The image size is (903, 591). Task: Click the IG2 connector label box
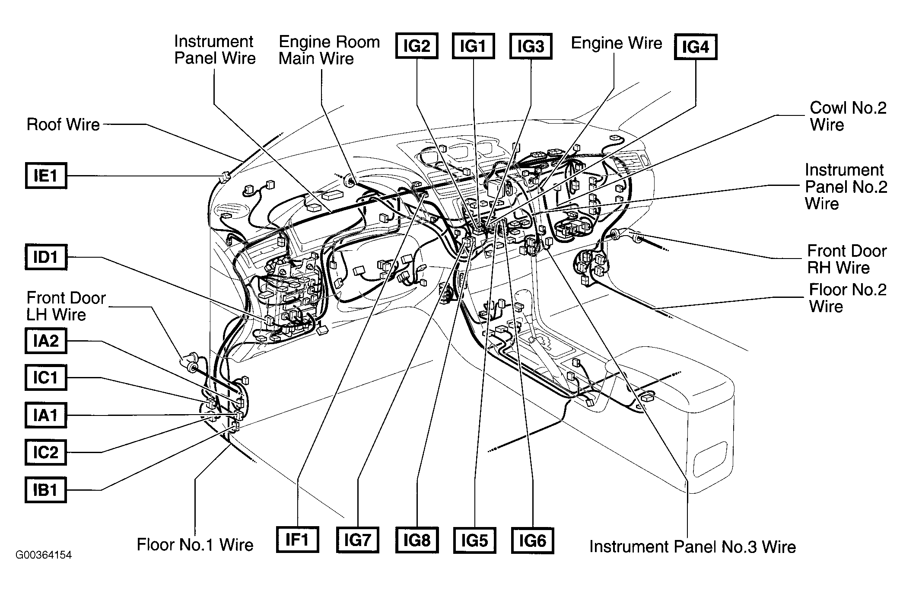417,46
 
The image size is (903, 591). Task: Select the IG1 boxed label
473,46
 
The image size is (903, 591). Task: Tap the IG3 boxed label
531,46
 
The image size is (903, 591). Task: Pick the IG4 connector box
696,47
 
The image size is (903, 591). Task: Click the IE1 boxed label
46,176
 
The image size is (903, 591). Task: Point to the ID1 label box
46,257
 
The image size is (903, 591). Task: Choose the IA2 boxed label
46,341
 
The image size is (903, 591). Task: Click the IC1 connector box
46,378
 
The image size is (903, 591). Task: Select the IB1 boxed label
46,490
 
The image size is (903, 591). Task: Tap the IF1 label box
297,540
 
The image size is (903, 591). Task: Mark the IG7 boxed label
358,540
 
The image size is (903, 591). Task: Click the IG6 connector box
532,540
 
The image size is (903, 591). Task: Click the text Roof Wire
63,125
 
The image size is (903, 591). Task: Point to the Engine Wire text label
617,43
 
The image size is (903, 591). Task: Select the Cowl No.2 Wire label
848,116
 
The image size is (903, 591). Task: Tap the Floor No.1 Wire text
195,545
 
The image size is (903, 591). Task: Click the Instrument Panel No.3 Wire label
693,547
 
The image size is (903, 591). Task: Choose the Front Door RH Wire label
847,259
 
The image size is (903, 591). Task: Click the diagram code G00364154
44,555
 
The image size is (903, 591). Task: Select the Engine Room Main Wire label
329,50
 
